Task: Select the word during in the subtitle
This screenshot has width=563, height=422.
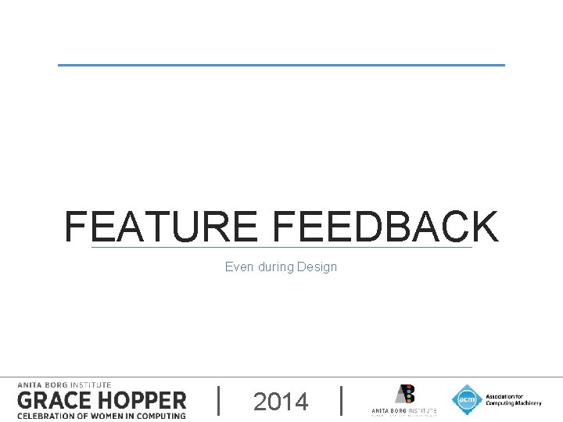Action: click(274, 267)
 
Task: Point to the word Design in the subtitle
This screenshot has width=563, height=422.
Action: click(317, 267)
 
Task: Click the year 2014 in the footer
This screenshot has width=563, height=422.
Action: click(281, 402)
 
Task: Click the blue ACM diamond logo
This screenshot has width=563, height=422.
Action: click(467, 399)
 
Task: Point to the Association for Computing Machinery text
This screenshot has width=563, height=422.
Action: click(512, 400)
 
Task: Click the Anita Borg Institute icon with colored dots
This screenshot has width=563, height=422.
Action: click(404, 394)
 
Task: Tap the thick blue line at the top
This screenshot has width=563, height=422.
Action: click(281, 65)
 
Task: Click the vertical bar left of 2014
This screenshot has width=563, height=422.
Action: click(218, 400)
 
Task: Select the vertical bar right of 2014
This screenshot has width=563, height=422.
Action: click(342, 400)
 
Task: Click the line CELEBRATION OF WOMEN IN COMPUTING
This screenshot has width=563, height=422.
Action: click(102, 415)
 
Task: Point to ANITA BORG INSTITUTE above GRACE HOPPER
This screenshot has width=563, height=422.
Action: click(64, 384)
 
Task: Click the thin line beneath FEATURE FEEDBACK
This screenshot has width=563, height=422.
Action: click(281, 249)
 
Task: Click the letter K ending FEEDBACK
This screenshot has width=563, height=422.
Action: click(485, 227)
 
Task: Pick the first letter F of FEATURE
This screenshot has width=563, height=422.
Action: click(76, 227)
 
